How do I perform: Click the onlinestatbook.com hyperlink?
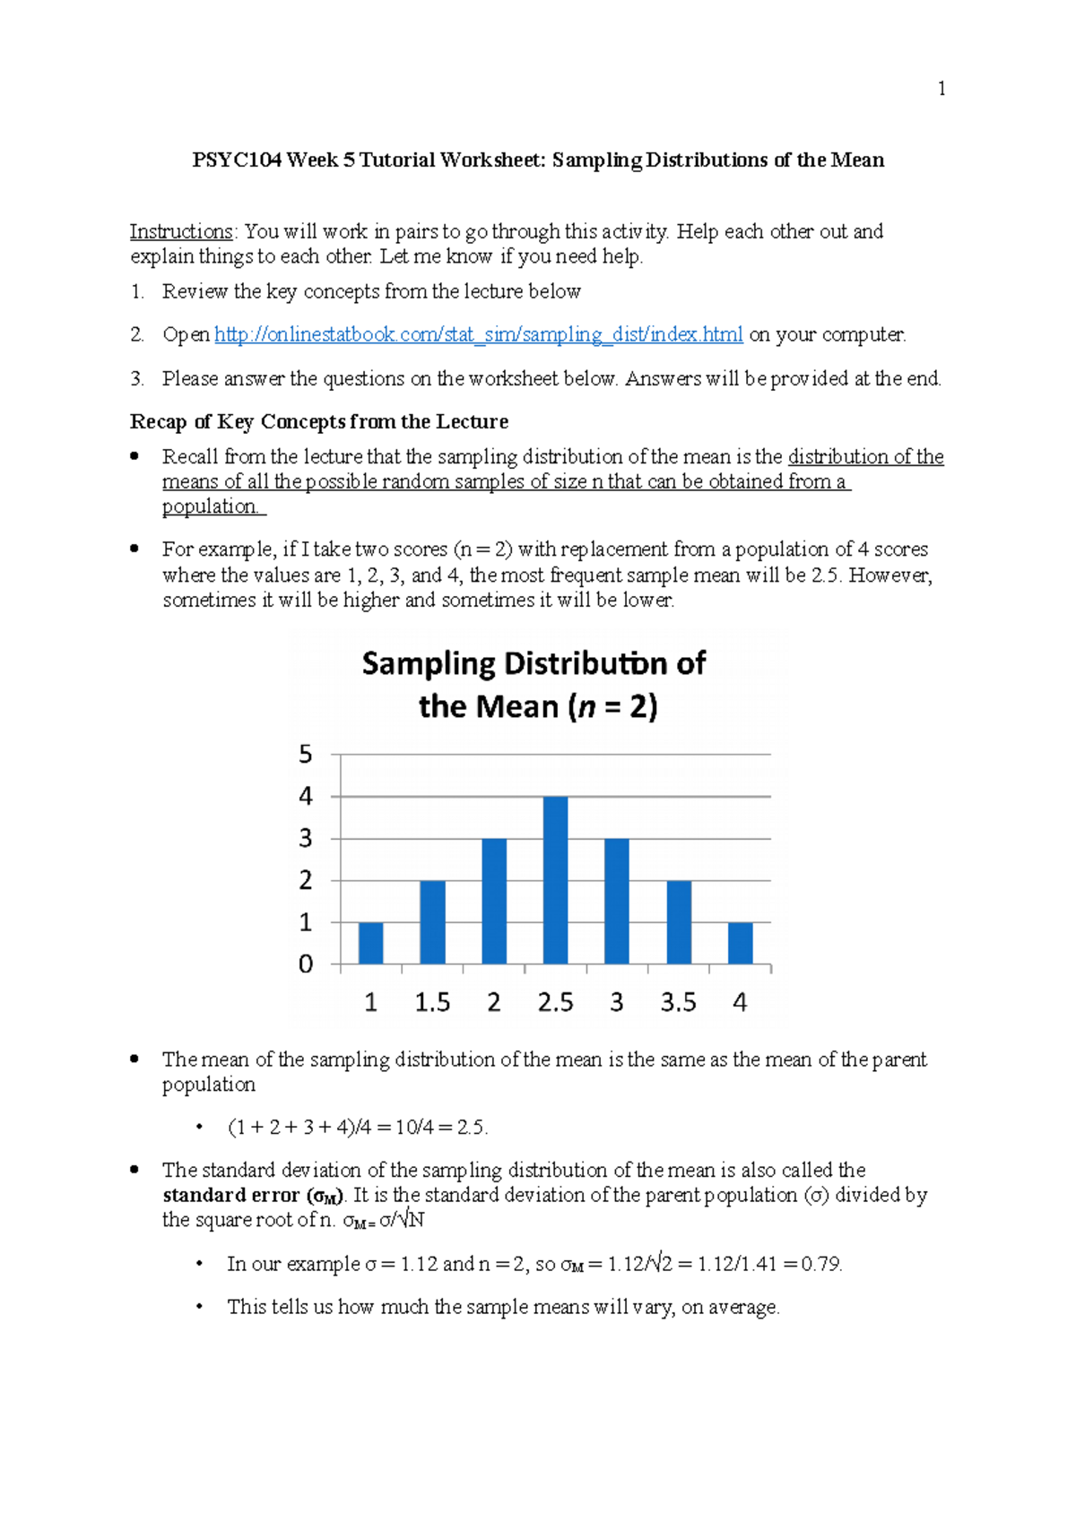pyautogui.click(x=478, y=334)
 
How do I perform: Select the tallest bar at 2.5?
pyautogui.click(x=555, y=879)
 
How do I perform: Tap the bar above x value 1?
pyautogui.click(x=370, y=943)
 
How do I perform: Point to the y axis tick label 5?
pyautogui.click(x=306, y=755)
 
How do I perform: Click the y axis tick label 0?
pyautogui.click(x=306, y=964)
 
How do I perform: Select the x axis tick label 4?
pyautogui.click(x=740, y=1002)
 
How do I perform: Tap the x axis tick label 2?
pyautogui.click(x=493, y=1002)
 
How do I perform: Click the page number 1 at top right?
pyautogui.click(x=941, y=88)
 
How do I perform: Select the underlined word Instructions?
pyautogui.click(x=181, y=231)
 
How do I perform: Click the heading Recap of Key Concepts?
pyautogui.click(x=318, y=421)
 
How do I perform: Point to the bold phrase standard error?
pyautogui.click(x=230, y=1195)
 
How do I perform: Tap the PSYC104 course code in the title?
pyautogui.click(x=237, y=160)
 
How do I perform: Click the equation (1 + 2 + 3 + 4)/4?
pyautogui.click(x=299, y=1127)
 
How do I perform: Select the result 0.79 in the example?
pyautogui.click(x=820, y=1264)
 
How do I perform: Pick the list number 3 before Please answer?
pyautogui.click(x=136, y=378)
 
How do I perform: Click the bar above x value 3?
pyautogui.click(x=617, y=901)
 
